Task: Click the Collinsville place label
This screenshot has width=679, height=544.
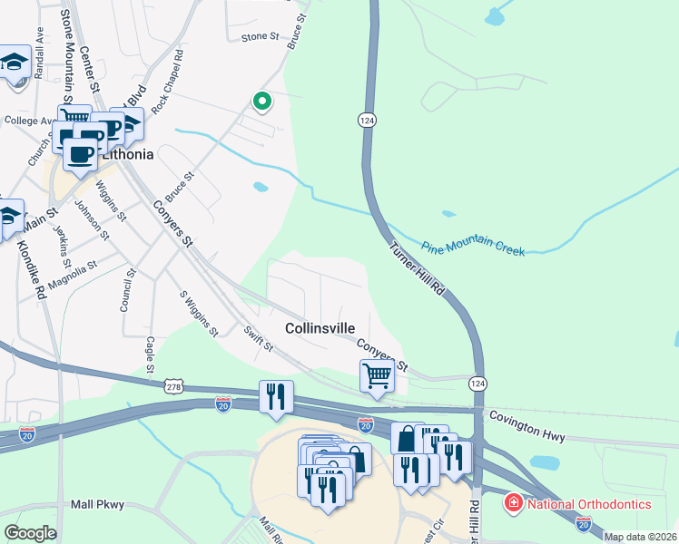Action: tap(320, 327)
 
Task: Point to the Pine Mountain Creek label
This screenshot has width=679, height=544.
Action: tap(473, 247)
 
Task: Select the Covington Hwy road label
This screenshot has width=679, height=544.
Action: tap(527, 427)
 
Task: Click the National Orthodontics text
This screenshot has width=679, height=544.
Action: tap(591, 504)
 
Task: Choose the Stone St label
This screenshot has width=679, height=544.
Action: tap(260, 36)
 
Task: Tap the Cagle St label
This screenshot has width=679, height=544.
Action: tap(149, 355)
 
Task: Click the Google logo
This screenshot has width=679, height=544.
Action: tap(30, 534)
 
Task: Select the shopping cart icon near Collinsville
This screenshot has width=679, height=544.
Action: tap(377, 374)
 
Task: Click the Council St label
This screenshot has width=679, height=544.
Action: tap(128, 290)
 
